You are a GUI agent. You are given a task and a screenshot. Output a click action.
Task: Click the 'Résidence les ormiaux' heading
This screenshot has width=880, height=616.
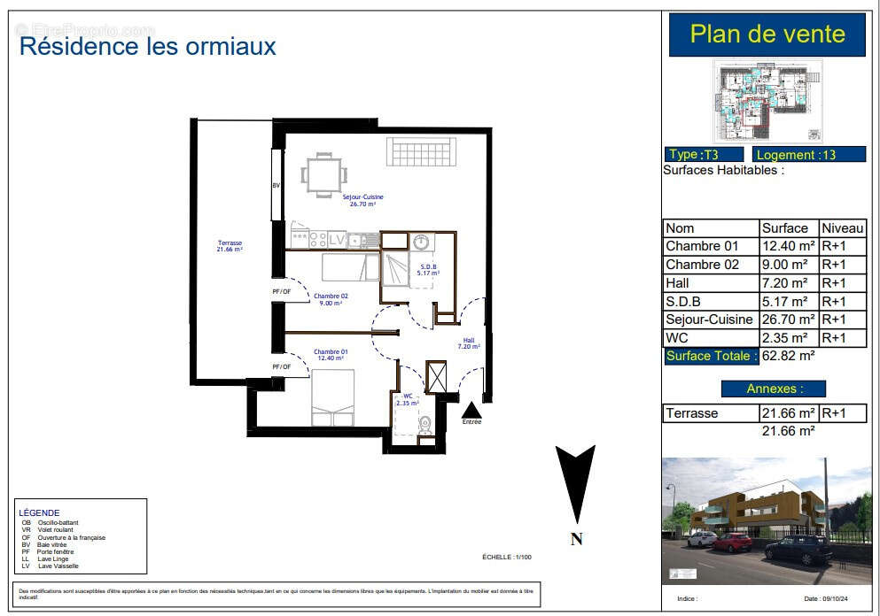coord(147,45)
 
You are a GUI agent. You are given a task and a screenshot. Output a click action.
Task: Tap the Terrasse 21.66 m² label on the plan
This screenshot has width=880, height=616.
coord(229,246)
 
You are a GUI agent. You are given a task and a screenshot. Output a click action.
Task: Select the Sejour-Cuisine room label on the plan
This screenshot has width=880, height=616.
coord(362,200)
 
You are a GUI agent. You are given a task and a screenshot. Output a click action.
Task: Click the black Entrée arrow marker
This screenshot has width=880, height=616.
coord(471,410)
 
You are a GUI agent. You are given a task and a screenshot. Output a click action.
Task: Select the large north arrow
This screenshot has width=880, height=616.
coord(576,485)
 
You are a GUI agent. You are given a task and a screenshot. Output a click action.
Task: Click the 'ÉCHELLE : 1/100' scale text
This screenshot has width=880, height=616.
coord(506,557)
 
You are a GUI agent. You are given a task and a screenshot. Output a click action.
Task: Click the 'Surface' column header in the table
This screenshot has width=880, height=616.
coord(785,227)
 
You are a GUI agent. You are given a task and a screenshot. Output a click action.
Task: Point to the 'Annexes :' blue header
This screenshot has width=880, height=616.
coord(773,388)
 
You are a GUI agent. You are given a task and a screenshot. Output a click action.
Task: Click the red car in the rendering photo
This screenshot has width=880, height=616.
coord(732,542)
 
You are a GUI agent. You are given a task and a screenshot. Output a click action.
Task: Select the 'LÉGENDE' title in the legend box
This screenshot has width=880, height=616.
coord(39,512)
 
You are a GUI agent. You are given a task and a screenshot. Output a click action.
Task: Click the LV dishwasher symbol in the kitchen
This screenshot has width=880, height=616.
coord(337,238)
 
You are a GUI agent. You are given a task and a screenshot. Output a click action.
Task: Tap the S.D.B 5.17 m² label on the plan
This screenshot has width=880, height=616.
coord(429,269)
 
